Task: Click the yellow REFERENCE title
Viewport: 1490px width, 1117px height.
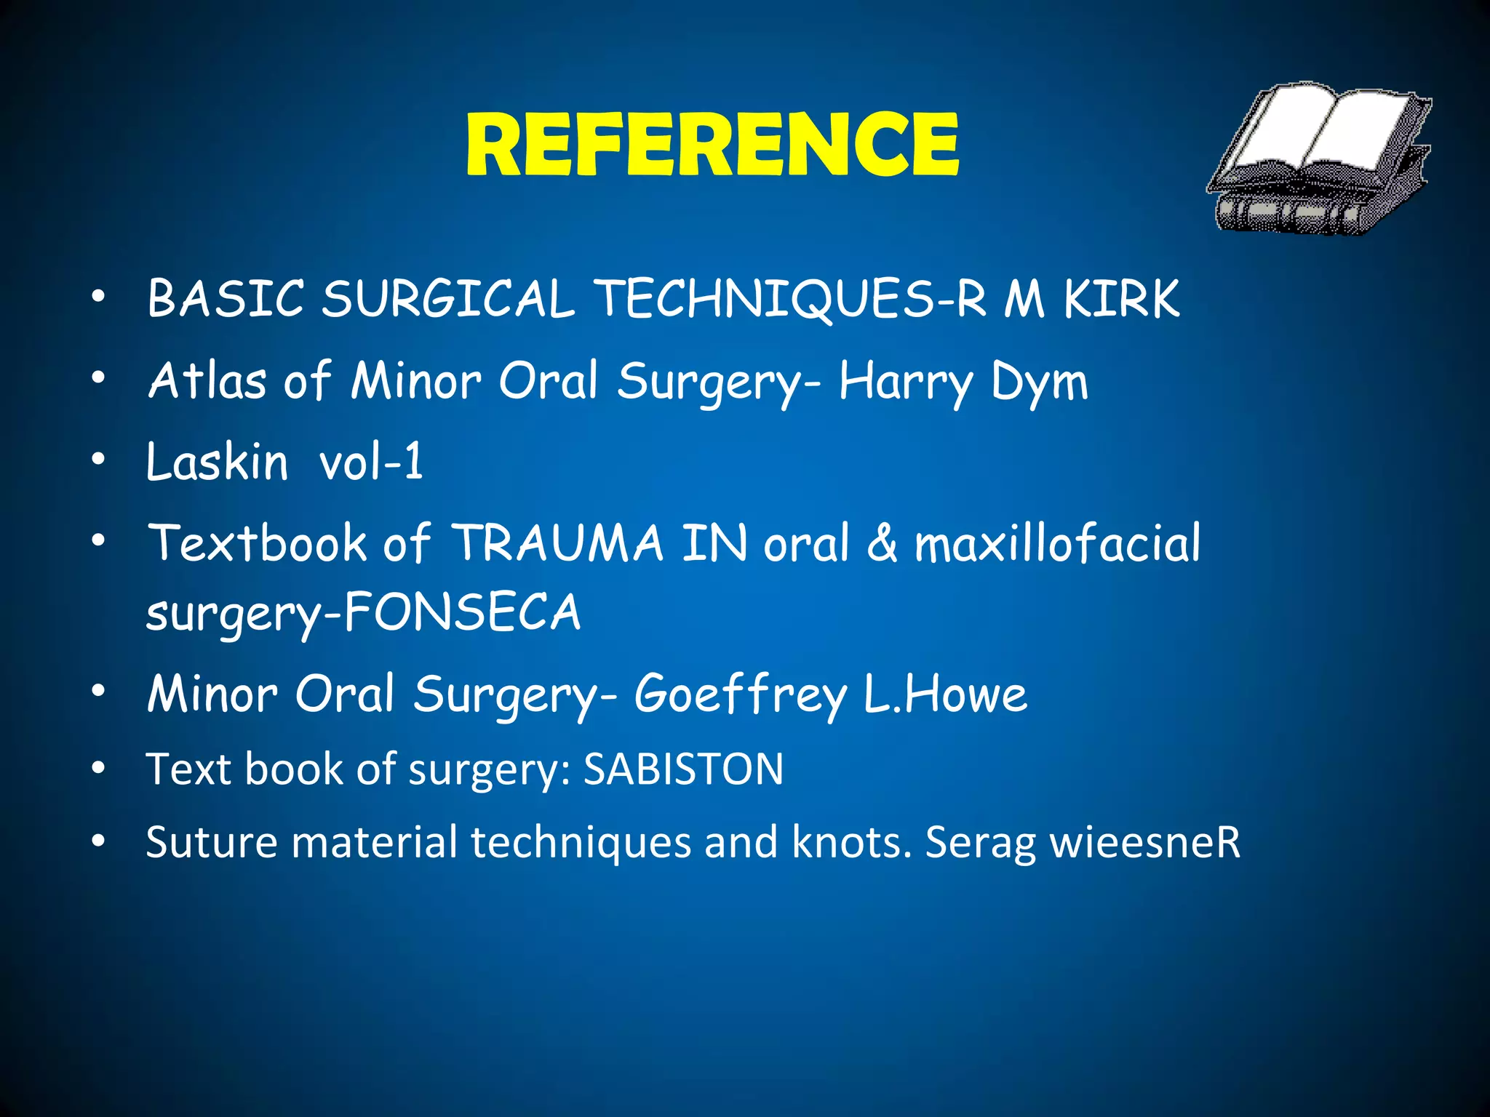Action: [x=712, y=145]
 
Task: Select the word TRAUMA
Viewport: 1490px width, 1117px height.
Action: [x=557, y=543]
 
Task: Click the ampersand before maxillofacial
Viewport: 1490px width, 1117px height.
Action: [x=882, y=544]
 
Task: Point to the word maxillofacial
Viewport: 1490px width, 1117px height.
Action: [x=1057, y=543]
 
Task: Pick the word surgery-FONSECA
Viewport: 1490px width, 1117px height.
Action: [x=362, y=612]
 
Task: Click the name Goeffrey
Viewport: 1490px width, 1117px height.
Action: [x=740, y=694]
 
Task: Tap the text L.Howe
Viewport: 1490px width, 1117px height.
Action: [x=945, y=694]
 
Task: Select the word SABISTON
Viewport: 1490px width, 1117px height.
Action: [x=683, y=769]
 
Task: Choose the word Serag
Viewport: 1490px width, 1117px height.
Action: [x=980, y=844]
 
